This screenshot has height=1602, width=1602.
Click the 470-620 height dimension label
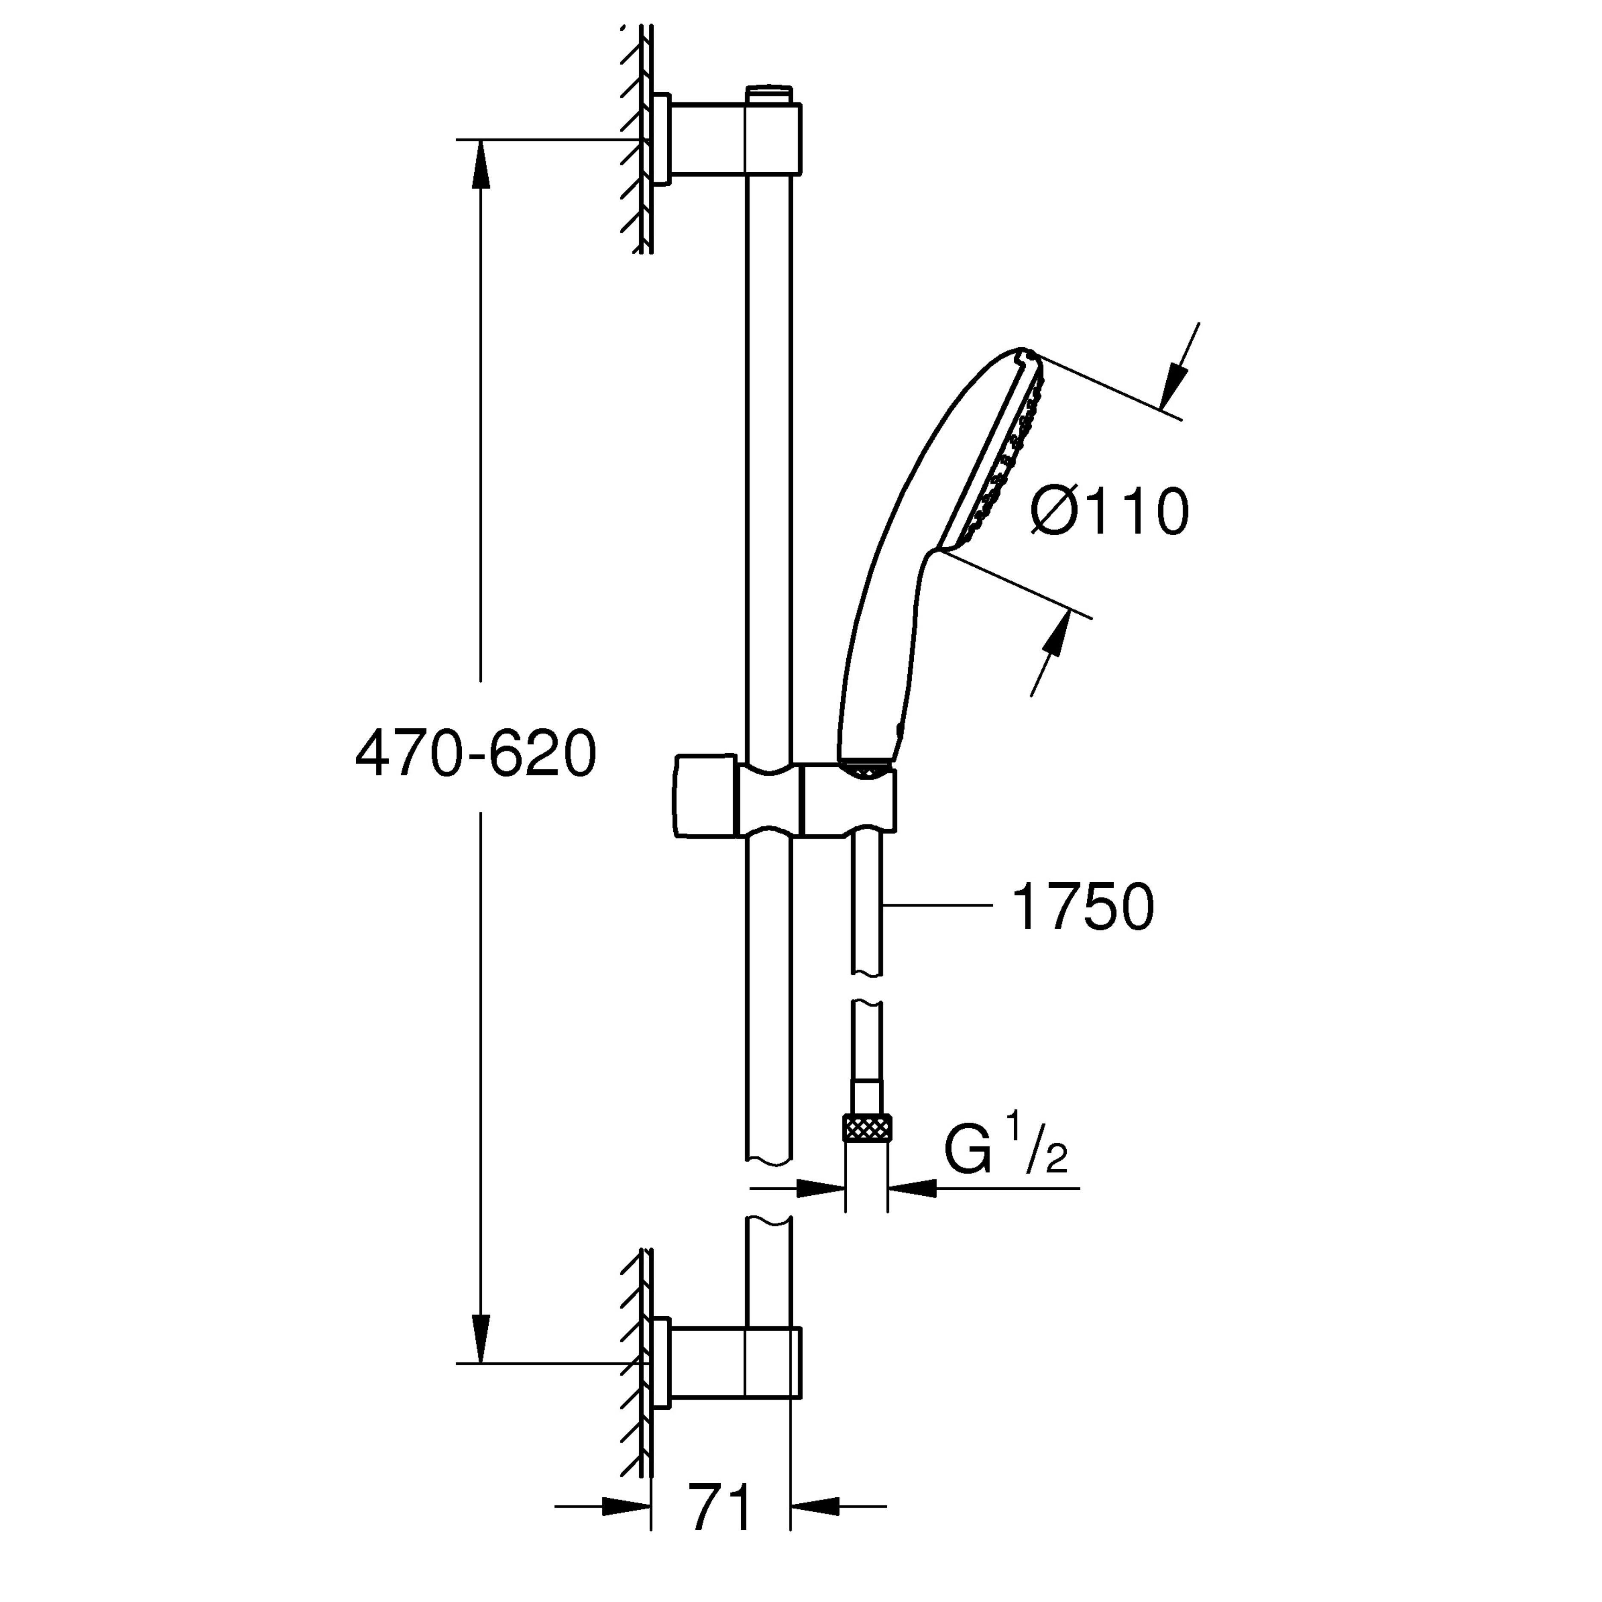pos(476,754)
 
